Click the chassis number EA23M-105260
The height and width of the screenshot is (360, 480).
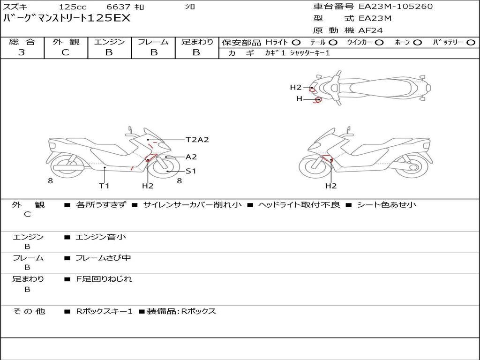pos(396,7)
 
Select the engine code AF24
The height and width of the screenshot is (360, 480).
pos(370,30)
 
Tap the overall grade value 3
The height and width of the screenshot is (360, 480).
pos(22,52)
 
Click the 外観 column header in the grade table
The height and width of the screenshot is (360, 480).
pos(66,42)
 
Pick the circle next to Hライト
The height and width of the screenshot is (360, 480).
pos(296,43)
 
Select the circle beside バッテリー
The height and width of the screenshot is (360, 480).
pos(471,43)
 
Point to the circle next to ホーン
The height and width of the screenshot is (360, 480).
pos(418,43)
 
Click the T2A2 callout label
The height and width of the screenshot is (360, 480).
pos(197,140)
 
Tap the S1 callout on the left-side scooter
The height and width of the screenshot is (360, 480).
pos(191,171)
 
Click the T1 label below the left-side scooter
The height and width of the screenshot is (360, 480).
pos(104,186)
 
